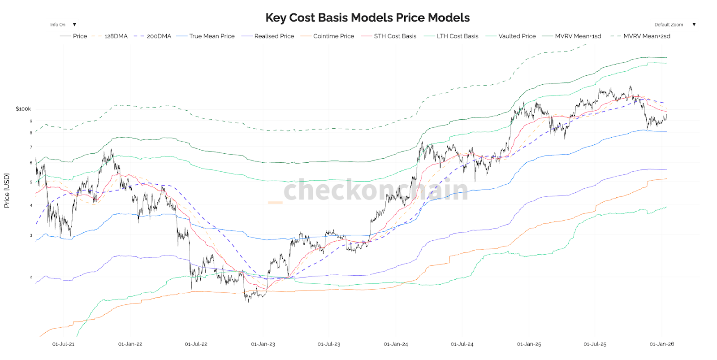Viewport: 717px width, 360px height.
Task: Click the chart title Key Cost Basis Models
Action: coord(367,17)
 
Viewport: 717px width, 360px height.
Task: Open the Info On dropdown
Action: coord(63,25)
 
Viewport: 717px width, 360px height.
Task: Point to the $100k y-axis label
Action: coord(23,109)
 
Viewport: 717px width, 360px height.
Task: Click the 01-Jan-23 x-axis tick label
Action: coord(263,344)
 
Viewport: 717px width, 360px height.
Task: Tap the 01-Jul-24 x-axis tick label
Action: coord(462,344)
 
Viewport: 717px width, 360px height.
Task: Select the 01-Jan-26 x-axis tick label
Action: coord(661,344)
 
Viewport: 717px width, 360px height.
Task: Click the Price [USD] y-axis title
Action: coord(7,191)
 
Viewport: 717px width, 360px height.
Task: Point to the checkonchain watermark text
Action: coord(376,190)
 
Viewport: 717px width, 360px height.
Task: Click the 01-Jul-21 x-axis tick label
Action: coord(63,344)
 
